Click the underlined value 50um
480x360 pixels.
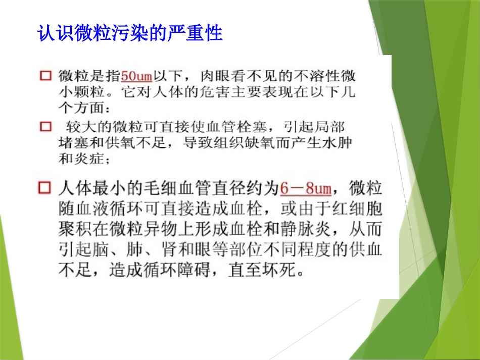tap(137, 77)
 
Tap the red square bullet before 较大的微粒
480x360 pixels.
tap(45, 126)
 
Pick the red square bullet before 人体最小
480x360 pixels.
tap(45, 188)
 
